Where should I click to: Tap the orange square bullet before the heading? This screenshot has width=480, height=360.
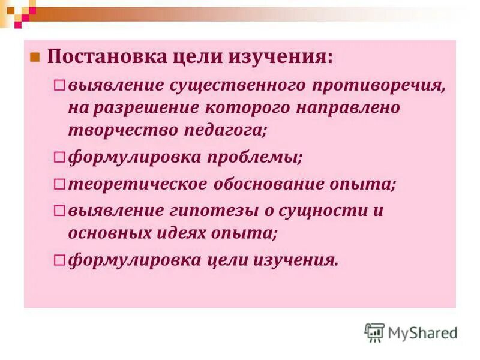35,58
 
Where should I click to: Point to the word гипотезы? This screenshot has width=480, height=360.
220,211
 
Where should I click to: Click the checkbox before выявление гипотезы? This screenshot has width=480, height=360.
59,211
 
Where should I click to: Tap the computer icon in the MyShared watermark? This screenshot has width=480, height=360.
374,332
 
